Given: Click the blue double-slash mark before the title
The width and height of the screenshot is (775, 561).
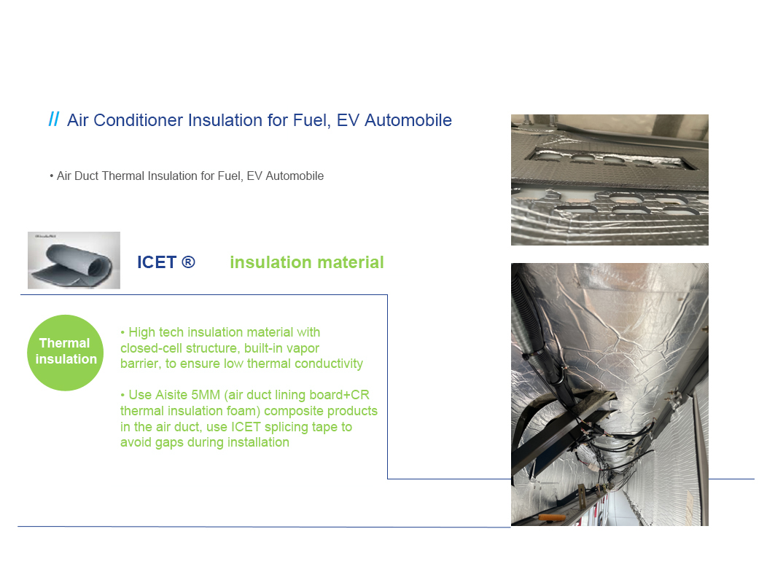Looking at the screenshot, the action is pos(54,119).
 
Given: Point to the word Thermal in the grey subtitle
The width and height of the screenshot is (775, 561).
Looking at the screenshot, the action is pos(123,176).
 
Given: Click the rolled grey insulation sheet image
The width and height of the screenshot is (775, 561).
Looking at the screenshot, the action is pos(74,260).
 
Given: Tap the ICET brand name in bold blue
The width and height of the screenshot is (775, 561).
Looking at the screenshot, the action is pos(157,262).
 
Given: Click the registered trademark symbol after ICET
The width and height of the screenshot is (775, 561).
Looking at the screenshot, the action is pos(188,262).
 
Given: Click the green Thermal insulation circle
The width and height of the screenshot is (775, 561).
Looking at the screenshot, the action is pos(65,353).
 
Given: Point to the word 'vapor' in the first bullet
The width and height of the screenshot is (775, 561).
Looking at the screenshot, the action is pos(303,349).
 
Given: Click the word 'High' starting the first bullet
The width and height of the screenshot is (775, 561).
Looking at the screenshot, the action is pos(141,333).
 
